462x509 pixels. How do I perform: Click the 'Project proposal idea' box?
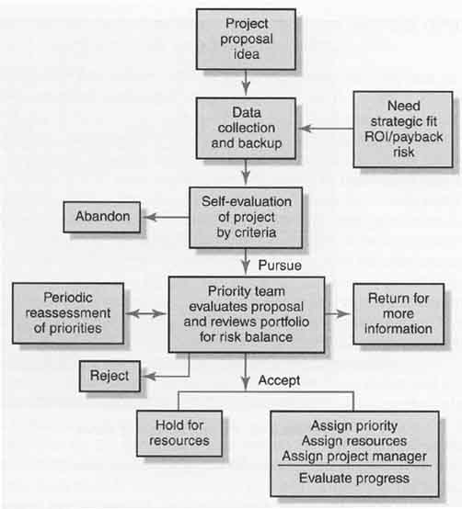(246, 39)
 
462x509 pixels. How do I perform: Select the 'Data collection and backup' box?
(246, 129)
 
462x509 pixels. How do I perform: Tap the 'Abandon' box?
(102, 217)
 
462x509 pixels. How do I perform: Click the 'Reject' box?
(110, 376)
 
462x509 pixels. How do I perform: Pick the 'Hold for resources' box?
(179, 434)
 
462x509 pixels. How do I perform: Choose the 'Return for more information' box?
(398, 314)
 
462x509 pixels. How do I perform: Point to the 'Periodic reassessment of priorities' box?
(68, 313)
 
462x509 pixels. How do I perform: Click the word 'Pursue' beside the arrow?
(280, 266)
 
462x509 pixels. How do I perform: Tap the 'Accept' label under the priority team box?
(279, 380)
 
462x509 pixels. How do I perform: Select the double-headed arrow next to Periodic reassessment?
(145, 313)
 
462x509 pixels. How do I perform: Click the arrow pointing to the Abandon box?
(167, 217)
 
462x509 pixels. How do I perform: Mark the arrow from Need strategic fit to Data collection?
(326, 129)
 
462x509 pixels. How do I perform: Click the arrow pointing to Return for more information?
(338, 313)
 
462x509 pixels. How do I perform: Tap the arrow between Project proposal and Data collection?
(246, 83)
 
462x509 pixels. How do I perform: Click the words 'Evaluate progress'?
(354, 478)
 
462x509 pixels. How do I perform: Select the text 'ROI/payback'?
(403, 137)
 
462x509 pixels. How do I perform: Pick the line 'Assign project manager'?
(354, 456)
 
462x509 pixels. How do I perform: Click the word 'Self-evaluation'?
(247, 201)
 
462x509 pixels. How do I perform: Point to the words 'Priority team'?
(247, 291)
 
